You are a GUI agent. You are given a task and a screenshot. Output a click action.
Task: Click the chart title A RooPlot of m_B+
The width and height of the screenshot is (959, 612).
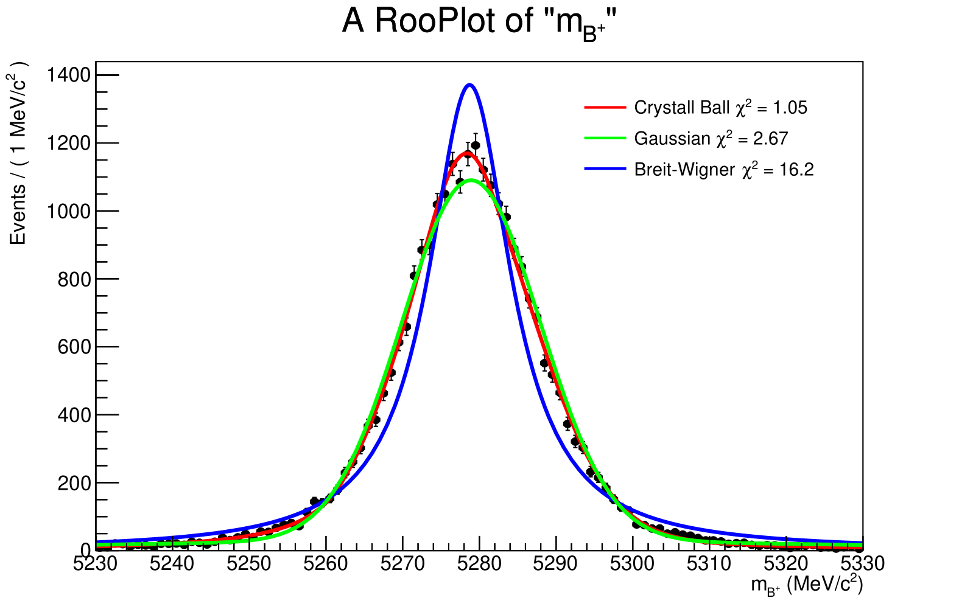point(479,23)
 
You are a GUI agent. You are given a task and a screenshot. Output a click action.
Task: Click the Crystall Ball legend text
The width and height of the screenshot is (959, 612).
point(681,108)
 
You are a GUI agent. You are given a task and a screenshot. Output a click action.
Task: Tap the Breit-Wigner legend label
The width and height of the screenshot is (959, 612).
point(684,169)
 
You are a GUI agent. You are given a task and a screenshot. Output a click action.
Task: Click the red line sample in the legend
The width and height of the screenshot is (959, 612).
point(605,108)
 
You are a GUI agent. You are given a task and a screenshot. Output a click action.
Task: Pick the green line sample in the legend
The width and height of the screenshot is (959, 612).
point(605,139)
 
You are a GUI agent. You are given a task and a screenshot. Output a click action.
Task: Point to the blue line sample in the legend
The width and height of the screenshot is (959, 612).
point(605,169)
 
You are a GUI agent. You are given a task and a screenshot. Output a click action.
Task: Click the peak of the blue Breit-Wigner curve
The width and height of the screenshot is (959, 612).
point(469,85)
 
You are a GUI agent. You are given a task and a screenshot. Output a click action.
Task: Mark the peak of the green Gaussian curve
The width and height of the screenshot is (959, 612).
point(472,179)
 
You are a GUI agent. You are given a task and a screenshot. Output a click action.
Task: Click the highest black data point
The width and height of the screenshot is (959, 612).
point(476,145)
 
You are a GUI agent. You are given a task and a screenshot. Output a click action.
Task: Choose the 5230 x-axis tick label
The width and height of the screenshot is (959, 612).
point(96,564)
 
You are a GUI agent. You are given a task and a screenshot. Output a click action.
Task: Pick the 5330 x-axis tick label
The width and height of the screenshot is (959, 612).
point(863,564)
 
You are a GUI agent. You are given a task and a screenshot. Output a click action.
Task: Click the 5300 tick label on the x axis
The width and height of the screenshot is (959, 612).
point(633,564)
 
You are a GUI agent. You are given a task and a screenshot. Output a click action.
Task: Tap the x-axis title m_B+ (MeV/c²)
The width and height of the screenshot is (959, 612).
point(806,585)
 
